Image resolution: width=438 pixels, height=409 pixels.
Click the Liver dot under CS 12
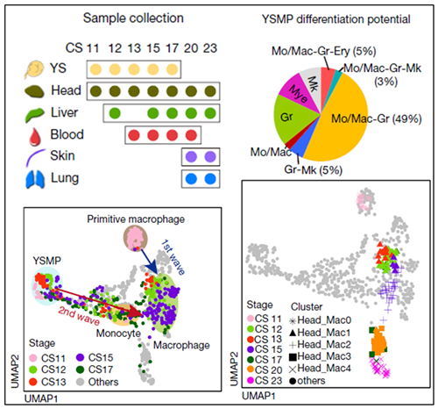point(115,113)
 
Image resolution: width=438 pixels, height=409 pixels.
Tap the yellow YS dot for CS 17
point(172,69)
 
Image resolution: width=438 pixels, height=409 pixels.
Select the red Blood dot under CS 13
point(134,135)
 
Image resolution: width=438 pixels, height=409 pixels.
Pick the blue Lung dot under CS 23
point(210,179)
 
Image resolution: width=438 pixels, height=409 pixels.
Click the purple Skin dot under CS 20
point(191,157)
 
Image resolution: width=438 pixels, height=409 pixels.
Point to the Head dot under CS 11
point(95,91)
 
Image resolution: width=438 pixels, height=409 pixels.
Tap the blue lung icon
point(35,179)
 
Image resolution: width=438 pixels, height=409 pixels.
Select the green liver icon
point(35,114)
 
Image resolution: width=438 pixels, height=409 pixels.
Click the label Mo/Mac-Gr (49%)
point(377,118)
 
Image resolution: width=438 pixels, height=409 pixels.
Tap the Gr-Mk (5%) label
point(313,170)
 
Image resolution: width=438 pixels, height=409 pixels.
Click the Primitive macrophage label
point(136,219)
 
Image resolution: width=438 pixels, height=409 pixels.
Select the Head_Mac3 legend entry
point(320,356)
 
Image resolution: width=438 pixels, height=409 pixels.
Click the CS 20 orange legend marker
point(251,370)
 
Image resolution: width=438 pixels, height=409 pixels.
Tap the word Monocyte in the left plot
point(118,334)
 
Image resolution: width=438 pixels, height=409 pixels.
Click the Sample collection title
point(133,18)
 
